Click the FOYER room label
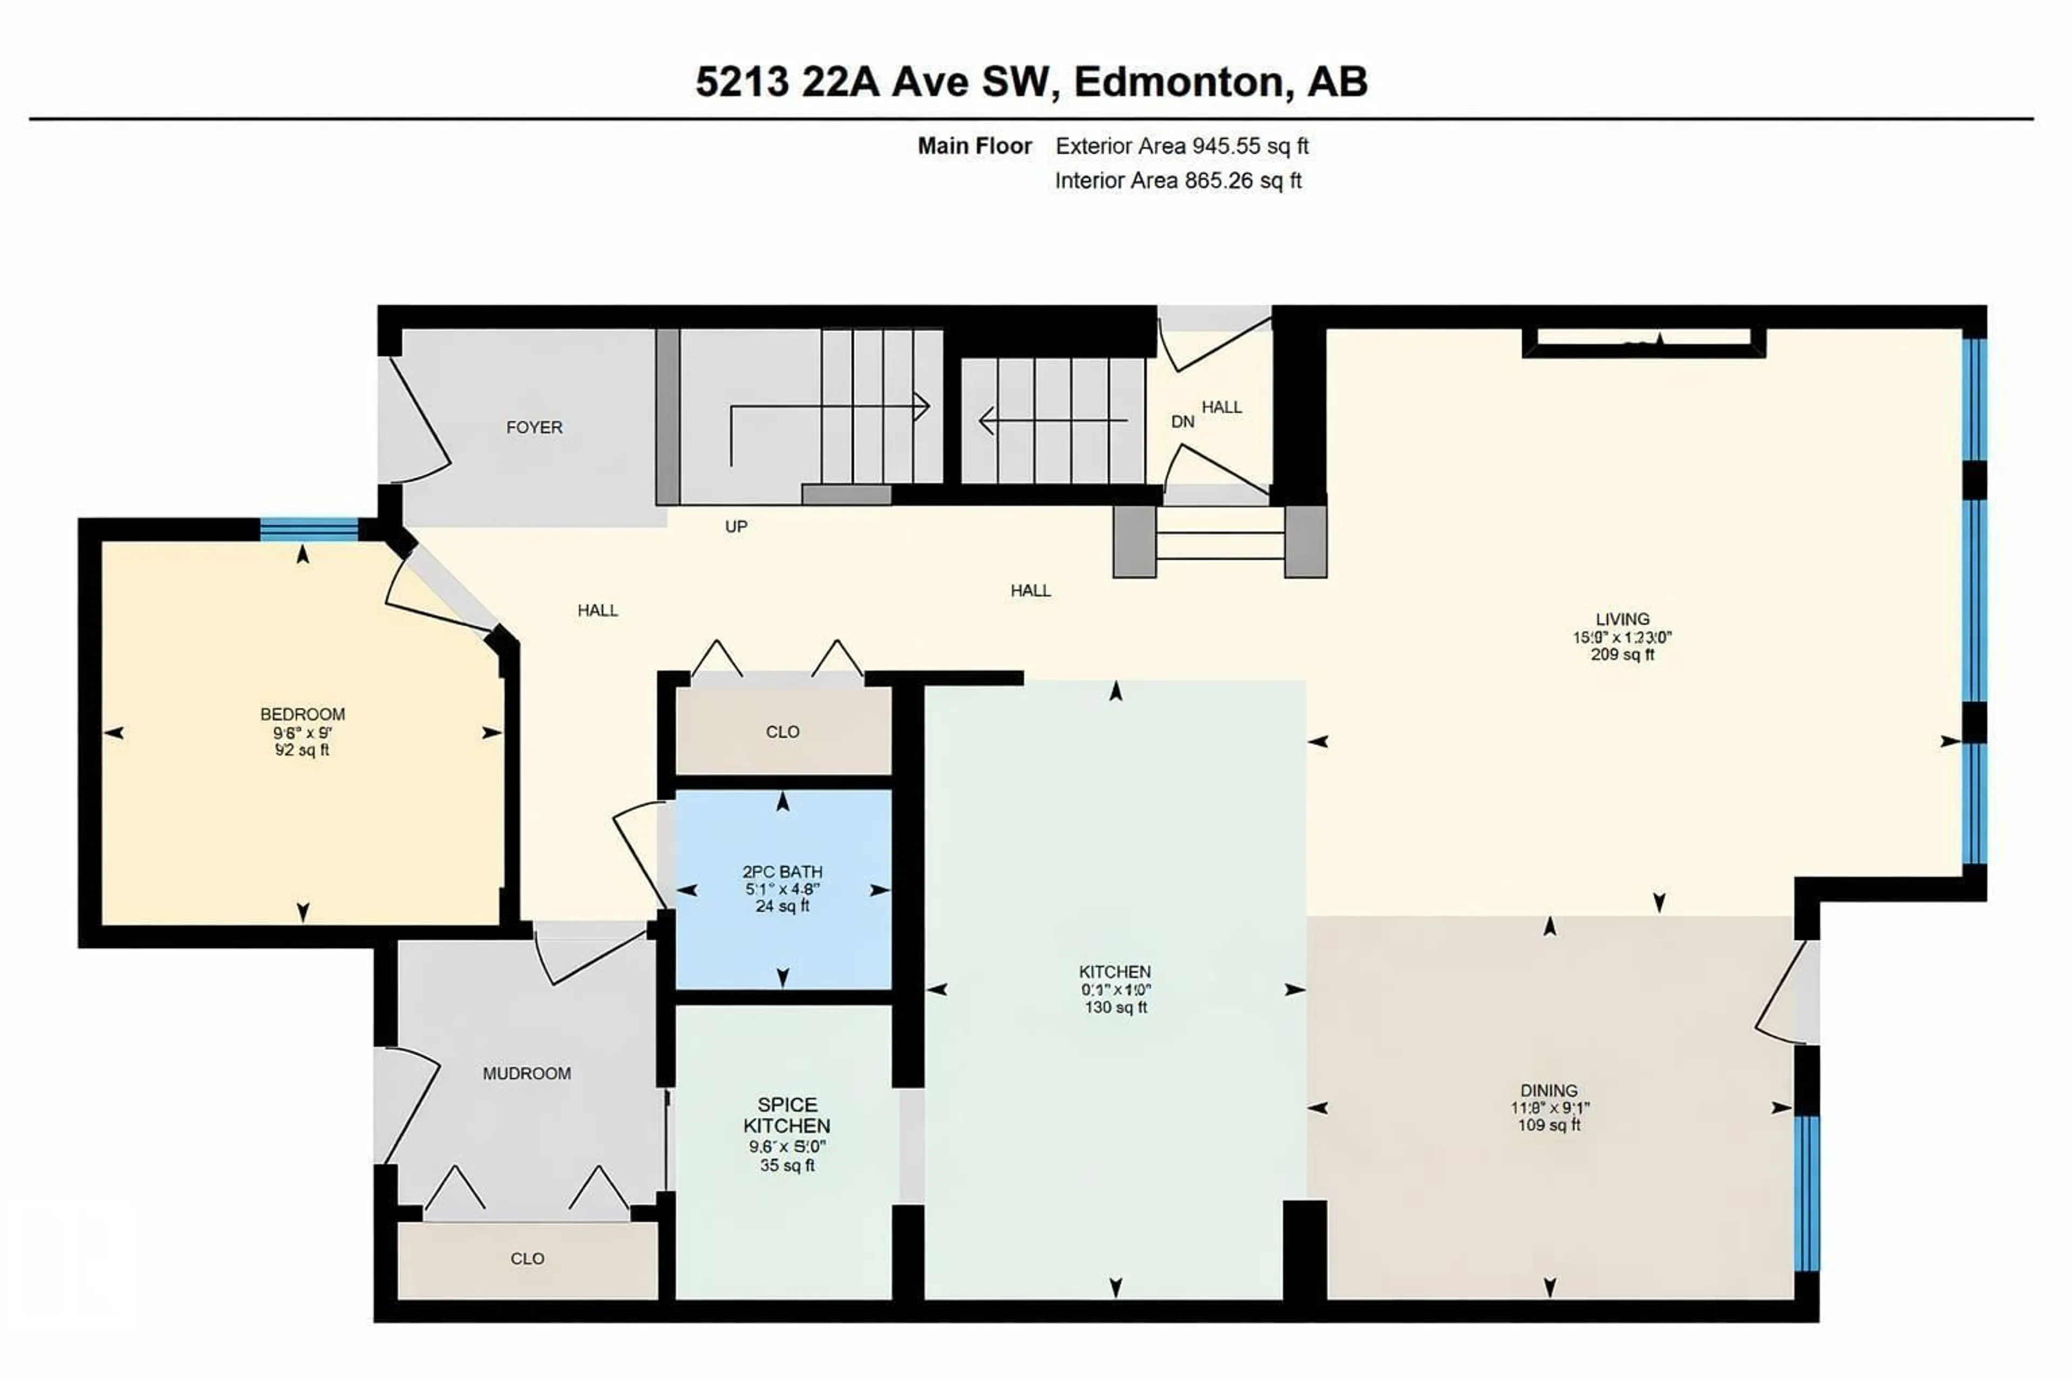coord(534,427)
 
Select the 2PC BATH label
coord(782,871)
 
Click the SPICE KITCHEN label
coord(787,1115)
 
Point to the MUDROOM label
coord(527,1074)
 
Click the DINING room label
coord(1549,1090)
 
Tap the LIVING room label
coord(1622,619)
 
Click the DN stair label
coord(1182,422)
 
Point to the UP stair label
coord(735,527)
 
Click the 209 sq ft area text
coord(1622,654)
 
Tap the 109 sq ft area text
coord(1549,1126)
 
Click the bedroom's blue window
coord(309,529)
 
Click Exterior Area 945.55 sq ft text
coord(1181,146)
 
